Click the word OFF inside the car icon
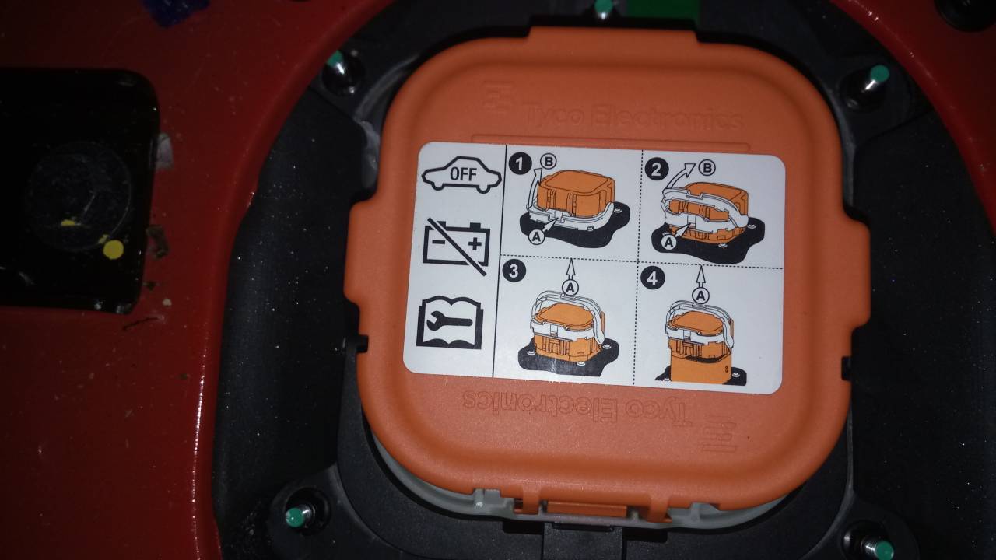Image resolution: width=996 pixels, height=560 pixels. coord(463,174)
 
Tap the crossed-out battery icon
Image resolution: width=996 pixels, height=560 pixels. coord(456,246)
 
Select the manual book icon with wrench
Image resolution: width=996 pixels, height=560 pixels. coord(450,322)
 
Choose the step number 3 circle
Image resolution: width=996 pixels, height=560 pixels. coord(514,270)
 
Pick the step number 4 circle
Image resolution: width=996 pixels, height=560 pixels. coord(652,278)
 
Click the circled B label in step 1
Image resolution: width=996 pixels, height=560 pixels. coord(549,161)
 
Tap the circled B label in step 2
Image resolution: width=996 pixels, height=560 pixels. coord(707,167)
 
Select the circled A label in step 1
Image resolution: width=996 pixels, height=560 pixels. coord(537,237)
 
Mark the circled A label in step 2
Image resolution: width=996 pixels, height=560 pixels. coord(668,242)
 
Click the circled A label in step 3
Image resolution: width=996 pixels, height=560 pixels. coord(570,288)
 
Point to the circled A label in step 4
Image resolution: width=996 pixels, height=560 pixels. coord(701,295)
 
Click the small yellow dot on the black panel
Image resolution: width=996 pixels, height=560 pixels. coord(114,250)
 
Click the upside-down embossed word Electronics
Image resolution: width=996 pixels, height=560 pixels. coord(542,404)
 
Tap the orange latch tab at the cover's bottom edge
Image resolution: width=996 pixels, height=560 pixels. coord(585,509)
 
